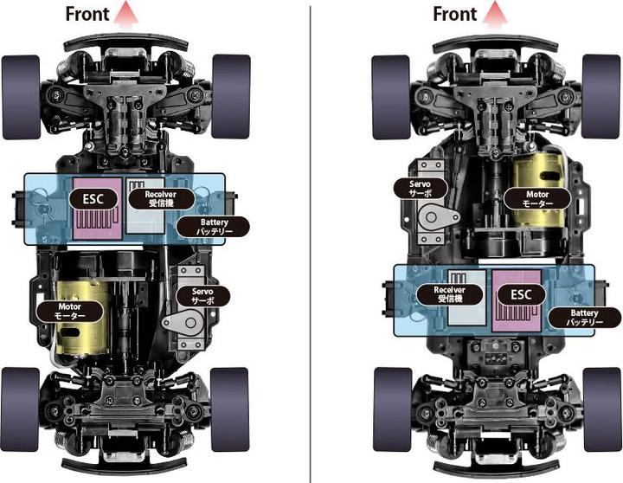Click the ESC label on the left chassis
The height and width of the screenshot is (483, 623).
(93, 199)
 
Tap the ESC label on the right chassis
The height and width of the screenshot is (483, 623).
(521, 295)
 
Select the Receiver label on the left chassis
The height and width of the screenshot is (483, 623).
(161, 198)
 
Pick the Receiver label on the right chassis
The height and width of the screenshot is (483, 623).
(449, 294)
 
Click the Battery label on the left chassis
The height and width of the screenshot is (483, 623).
(214, 227)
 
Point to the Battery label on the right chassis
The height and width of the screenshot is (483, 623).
(584, 317)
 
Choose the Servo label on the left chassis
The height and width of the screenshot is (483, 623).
(203, 296)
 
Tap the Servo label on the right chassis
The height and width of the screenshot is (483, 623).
(421, 189)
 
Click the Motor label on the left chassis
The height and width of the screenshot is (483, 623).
(69, 312)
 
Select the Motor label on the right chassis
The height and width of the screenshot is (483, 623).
(537, 199)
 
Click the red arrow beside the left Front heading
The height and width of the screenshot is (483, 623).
(126, 15)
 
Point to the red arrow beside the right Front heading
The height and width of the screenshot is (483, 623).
(495, 15)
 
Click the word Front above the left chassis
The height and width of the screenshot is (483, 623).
(87, 15)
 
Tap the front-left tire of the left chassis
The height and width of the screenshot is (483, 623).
(22, 98)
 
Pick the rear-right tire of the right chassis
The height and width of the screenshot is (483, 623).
(602, 409)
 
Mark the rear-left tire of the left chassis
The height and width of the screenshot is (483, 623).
(20, 409)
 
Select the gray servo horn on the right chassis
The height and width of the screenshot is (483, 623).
(437, 217)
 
